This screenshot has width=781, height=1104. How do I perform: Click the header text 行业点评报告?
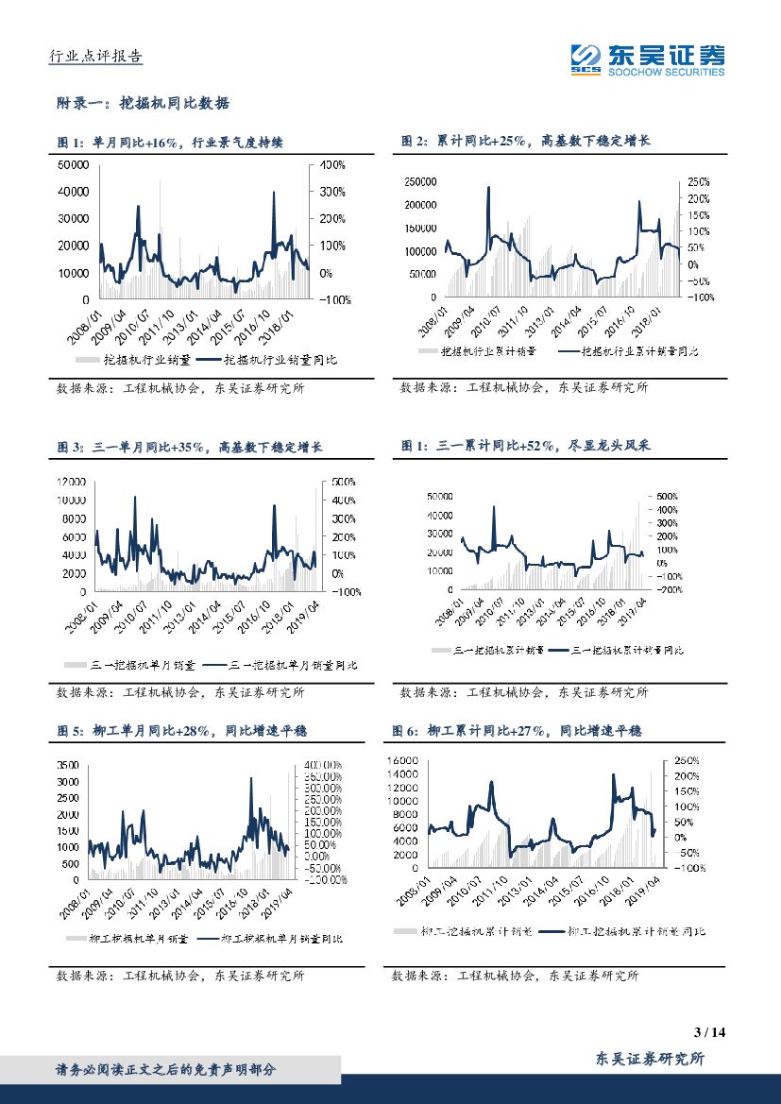tap(95, 57)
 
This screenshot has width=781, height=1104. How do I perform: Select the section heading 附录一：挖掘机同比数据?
tap(144, 103)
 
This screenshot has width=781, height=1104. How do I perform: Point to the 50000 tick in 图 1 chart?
tap(74, 164)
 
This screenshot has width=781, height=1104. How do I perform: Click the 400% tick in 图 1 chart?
tap(332, 164)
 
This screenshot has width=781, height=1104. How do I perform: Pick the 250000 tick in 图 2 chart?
tap(417, 181)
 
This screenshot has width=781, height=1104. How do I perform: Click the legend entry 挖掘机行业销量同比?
tap(274, 360)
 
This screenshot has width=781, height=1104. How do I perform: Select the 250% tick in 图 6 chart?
tap(686, 760)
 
